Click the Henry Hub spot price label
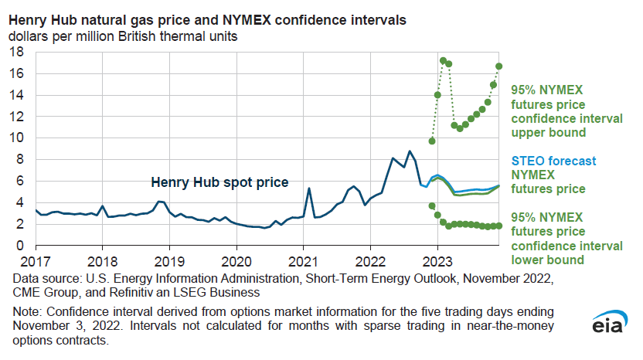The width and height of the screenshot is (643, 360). click(219, 183)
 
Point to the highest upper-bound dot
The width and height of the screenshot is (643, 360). click(443, 60)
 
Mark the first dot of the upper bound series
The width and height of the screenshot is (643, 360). click(432, 141)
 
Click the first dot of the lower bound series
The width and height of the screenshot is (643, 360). click(432, 205)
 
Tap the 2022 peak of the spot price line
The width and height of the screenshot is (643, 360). click(410, 151)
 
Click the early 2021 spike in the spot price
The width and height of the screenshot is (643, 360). click(309, 188)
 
